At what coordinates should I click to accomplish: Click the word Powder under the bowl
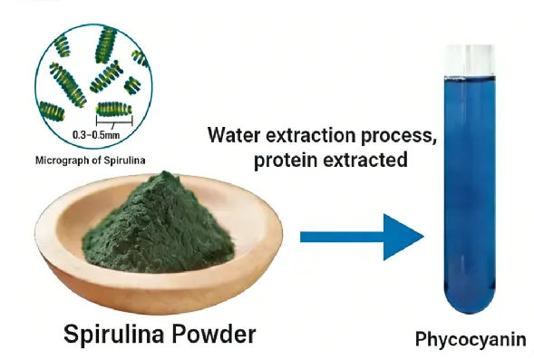coord(218,335)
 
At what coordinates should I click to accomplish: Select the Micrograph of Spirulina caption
coord(91,163)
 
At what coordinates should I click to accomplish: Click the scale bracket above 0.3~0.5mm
coord(114,119)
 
